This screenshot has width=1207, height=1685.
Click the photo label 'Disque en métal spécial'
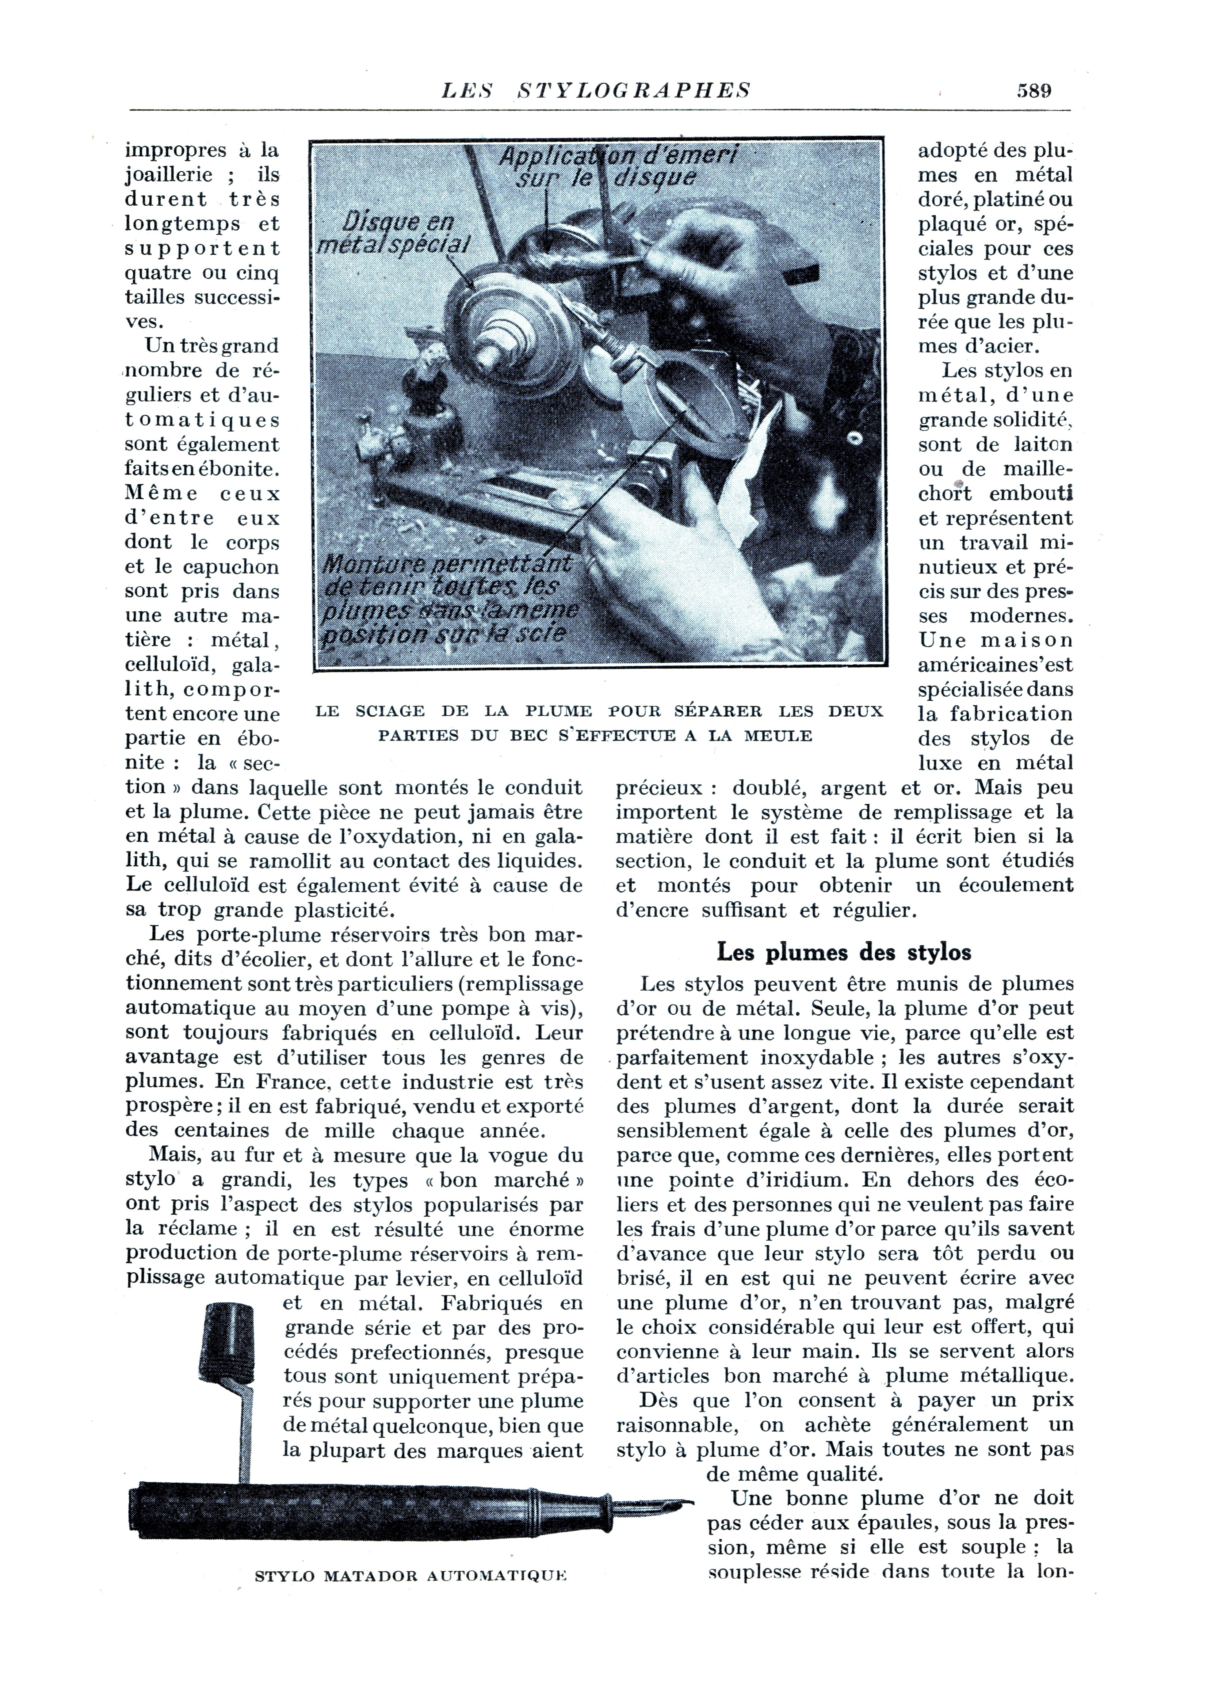394,234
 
